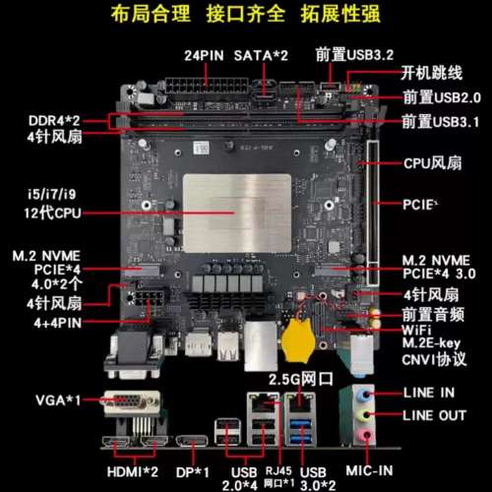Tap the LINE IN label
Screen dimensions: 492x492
[429, 392]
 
